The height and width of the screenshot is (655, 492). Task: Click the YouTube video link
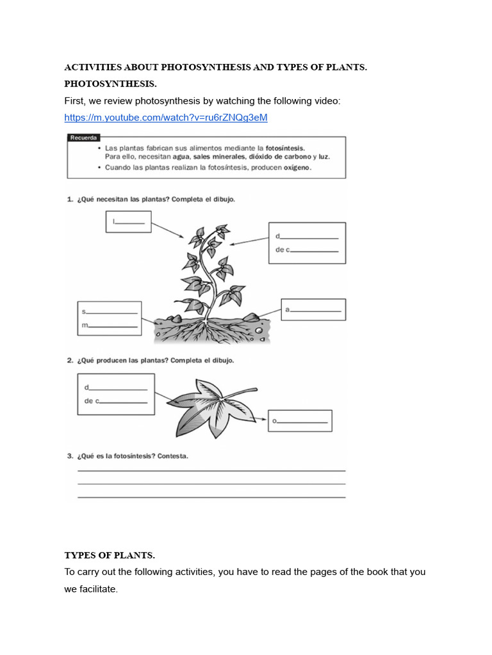tap(166, 118)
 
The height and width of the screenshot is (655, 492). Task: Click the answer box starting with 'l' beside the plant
tap(128, 221)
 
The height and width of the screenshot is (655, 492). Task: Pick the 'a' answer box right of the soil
tap(313, 310)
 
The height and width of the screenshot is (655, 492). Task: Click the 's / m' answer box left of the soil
tap(110, 318)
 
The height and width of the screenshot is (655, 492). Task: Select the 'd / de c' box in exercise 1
tap(306, 242)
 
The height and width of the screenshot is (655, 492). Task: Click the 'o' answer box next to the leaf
tap(300, 421)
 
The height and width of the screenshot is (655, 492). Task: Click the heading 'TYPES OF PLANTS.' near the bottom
tap(110, 555)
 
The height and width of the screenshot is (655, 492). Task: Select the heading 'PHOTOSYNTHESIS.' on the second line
tap(110, 84)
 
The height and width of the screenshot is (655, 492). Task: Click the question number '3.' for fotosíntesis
tap(70, 456)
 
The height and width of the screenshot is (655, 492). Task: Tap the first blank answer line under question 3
tap(211, 471)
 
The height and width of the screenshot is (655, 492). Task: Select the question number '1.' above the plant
tap(70, 200)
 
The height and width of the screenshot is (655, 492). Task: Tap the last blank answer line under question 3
tap(211, 497)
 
